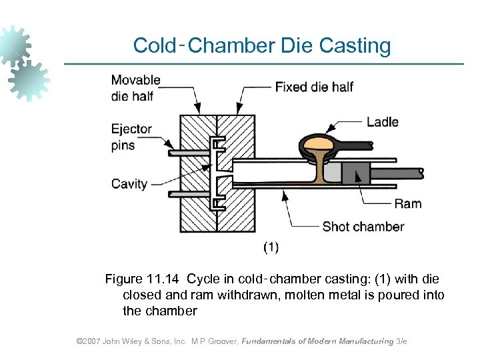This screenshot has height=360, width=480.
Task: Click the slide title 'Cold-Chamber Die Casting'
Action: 261,45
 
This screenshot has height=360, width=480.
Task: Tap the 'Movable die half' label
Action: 135,87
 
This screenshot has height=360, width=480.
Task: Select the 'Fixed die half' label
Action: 314,87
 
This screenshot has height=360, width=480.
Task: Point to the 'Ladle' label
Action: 382,122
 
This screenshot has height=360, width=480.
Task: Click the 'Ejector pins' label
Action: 131,137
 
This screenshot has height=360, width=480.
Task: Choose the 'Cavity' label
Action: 129,183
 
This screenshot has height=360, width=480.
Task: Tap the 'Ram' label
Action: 408,203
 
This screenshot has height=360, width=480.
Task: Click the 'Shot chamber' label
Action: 363,227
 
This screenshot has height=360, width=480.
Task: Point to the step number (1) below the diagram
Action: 271,247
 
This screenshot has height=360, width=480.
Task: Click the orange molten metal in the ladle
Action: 319,143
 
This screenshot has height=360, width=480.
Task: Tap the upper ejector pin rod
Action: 188,153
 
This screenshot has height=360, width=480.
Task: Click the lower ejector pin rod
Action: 188,194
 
